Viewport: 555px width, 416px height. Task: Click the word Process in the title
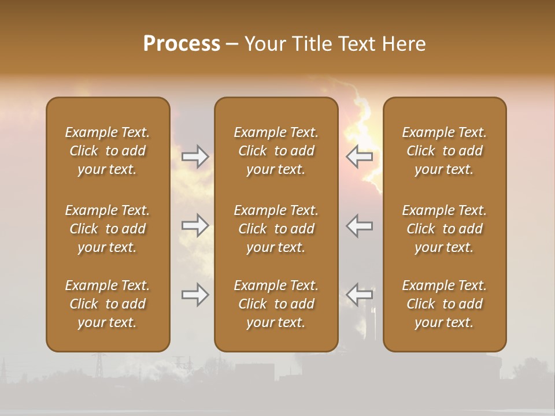point(182,44)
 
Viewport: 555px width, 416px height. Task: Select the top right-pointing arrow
point(195,156)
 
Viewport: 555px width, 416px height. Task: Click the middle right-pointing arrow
point(195,225)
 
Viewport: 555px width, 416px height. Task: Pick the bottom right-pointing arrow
point(195,295)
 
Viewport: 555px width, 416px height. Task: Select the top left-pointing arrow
point(360,156)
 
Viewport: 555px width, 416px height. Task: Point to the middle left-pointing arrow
point(360,225)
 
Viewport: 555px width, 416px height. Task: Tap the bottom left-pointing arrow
point(360,295)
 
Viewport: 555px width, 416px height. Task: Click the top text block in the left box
point(108,151)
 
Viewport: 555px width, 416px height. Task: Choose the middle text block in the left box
point(108,229)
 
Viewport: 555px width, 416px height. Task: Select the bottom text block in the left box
point(108,304)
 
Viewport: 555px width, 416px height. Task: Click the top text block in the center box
point(276,151)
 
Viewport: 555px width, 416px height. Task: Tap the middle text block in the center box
point(276,229)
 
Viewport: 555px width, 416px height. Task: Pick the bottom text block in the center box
point(276,304)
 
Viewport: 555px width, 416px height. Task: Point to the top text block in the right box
point(445,151)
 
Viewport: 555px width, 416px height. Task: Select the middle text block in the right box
point(445,229)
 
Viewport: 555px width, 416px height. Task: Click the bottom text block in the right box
point(445,304)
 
